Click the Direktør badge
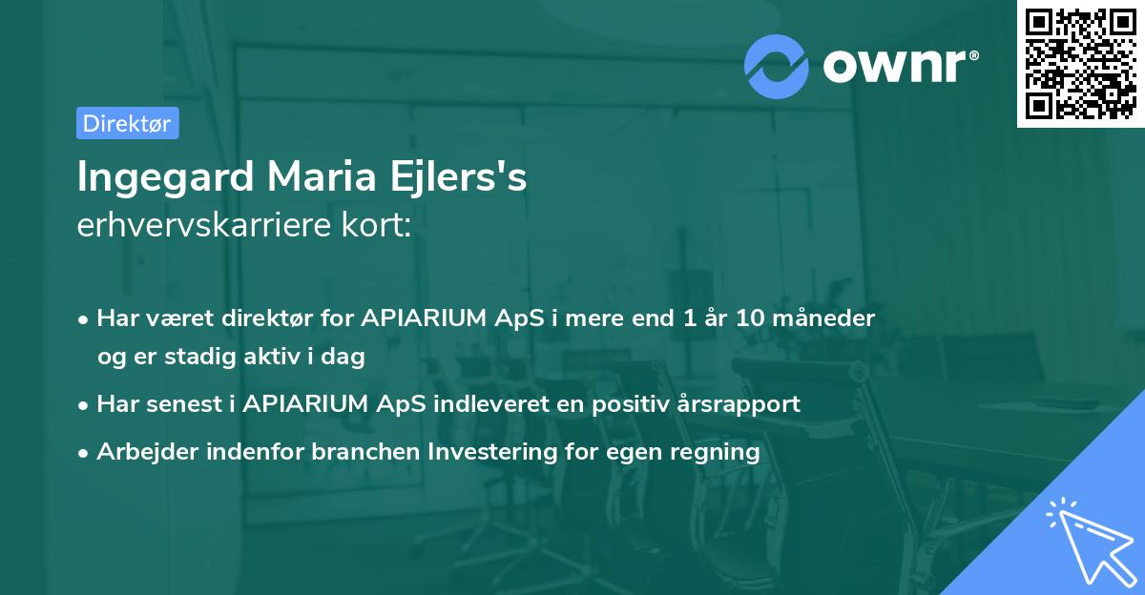point(127,123)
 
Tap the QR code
point(1080,64)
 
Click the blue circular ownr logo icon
point(777,66)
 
